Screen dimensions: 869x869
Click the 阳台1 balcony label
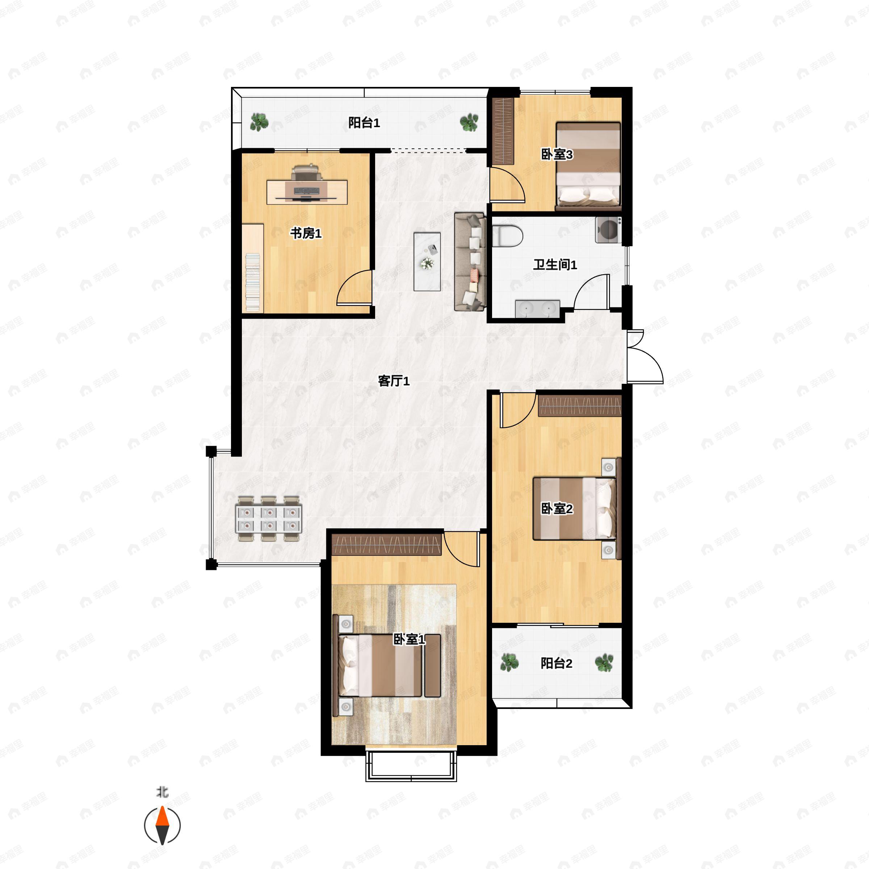[x=364, y=122]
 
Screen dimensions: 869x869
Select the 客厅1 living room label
[x=394, y=381]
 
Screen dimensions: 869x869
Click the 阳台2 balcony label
[x=557, y=663]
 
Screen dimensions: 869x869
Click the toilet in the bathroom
[x=507, y=236]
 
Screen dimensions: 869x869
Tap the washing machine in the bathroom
[x=608, y=230]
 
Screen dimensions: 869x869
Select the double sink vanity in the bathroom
[x=537, y=308]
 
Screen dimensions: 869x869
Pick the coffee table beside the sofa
[x=427, y=261]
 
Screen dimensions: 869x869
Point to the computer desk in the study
[x=307, y=192]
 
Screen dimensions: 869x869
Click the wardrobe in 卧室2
[x=580, y=405]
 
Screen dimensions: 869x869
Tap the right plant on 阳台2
[x=604, y=663]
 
